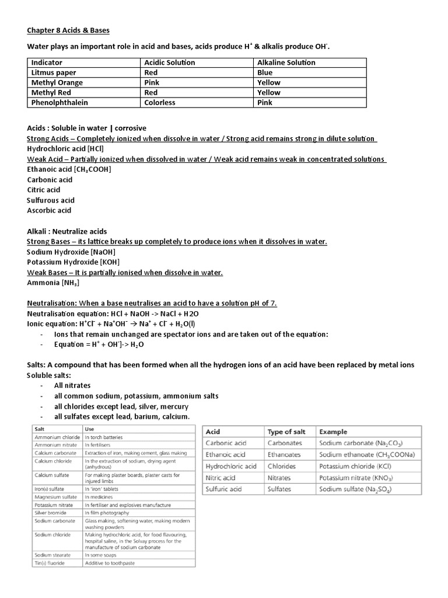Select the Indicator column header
click(47, 62)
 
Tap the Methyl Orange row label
click(57, 82)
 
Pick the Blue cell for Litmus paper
click(265, 72)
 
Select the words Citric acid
click(43, 190)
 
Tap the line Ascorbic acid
click(49, 210)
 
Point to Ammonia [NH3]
click(53, 283)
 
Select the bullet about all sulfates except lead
click(121, 416)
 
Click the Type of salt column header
click(286, 432)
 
